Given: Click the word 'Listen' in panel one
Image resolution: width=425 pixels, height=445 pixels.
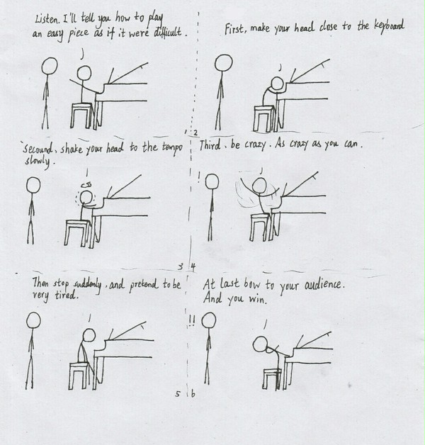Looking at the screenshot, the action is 47,19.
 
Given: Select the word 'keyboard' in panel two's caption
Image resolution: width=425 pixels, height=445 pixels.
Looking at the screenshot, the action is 390,26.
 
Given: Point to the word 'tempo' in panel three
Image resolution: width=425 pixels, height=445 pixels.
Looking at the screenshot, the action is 172,148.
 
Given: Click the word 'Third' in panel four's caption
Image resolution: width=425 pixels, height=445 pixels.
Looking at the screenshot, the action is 210,145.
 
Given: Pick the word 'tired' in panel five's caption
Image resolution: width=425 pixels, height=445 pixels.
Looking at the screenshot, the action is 66,295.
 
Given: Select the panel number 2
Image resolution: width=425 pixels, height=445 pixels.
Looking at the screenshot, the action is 195,133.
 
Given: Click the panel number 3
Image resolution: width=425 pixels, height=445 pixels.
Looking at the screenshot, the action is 181,266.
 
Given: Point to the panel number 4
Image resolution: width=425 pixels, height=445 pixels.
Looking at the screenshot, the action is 193,267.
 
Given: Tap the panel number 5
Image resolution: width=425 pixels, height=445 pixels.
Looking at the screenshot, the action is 178,394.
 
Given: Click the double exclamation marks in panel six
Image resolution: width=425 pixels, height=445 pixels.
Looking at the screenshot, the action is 192,321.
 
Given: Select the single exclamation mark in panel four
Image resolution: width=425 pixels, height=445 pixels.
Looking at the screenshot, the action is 199,178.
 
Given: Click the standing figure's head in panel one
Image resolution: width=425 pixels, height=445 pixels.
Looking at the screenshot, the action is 50,66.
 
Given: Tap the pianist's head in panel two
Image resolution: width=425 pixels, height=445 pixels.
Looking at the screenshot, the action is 277,84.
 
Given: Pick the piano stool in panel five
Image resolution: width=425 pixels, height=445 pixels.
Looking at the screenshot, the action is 79,376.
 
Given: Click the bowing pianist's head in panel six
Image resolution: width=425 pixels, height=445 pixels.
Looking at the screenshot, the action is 260,344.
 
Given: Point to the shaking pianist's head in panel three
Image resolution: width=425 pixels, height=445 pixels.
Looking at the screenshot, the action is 86,197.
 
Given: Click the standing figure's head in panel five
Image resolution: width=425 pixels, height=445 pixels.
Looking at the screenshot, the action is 33,320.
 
